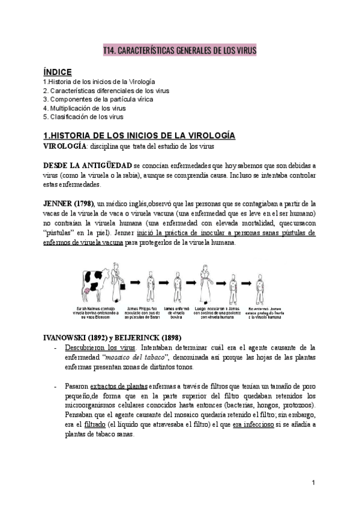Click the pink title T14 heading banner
click(180, 52)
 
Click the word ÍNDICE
click(58, 71)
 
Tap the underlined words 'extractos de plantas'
click(119, 387)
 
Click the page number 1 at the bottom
click(314, 484)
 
